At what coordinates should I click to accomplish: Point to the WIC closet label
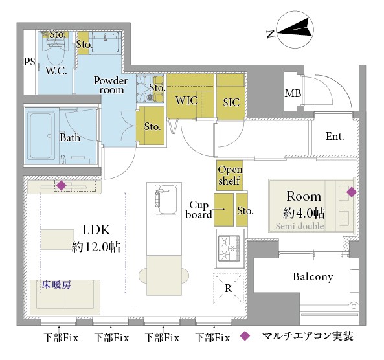coord(186,100)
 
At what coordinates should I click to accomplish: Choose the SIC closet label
coord(231,101)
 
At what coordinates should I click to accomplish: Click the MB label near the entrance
coord(293,95)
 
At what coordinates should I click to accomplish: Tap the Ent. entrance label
coord(334,137)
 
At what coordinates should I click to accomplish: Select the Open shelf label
coord(229,175)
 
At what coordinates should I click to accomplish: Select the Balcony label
coord(313,277)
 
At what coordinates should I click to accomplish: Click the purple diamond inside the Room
coord(351,192)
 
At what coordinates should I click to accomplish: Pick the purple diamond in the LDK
coord(61,186)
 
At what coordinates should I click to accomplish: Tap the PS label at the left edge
coord(29,62)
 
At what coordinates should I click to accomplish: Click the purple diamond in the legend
coord(243,337)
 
